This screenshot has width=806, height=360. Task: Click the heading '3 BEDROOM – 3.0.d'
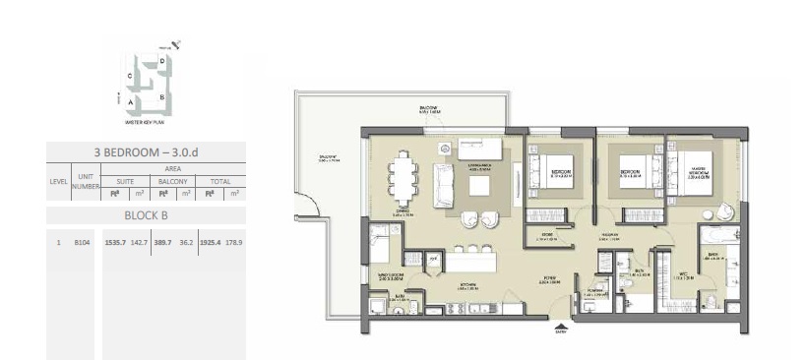click(x=145, y=150)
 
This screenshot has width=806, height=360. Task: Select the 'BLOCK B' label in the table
click(x=145, y=214)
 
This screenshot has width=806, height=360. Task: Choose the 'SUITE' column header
click(x=124, y=181)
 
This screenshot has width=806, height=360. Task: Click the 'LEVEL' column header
click(x=58, y=182)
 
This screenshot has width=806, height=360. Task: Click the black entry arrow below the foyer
click(x=562, y=328)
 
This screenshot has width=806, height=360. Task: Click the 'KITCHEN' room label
click(x=468, y=287)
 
